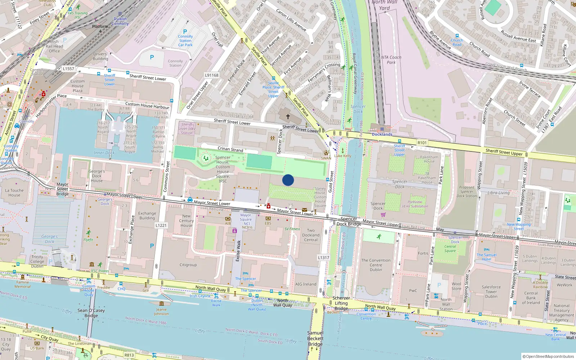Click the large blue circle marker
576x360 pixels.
(x=288, y=180)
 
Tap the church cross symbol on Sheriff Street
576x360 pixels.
(x=288, y=117)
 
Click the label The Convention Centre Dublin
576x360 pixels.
(x=376, y=265)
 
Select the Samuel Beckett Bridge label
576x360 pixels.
(x=315, y=338)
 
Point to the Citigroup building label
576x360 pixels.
(x=188, y=265)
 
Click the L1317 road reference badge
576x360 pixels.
(x=324, y=257)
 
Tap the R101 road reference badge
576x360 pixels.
(x=422, y=143)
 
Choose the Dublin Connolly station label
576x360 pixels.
(x=120, y=21)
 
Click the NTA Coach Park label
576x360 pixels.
(x=391, y=60)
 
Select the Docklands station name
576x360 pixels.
(x=382, y=134)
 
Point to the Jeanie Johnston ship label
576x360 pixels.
(x=161, y=311)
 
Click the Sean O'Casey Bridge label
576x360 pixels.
(x=91, y=313)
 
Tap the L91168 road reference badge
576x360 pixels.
(x=212, y=75)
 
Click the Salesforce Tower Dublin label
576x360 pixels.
(x=491, y=292)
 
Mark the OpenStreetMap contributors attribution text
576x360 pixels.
(x=548, y=356)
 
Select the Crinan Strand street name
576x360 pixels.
(x=230, y=149)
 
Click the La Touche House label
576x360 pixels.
(x=14, y=193)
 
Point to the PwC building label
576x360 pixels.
(x=413, y=291)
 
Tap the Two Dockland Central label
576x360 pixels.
(x=311, y=235)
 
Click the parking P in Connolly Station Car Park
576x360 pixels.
(x=185, y=32)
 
